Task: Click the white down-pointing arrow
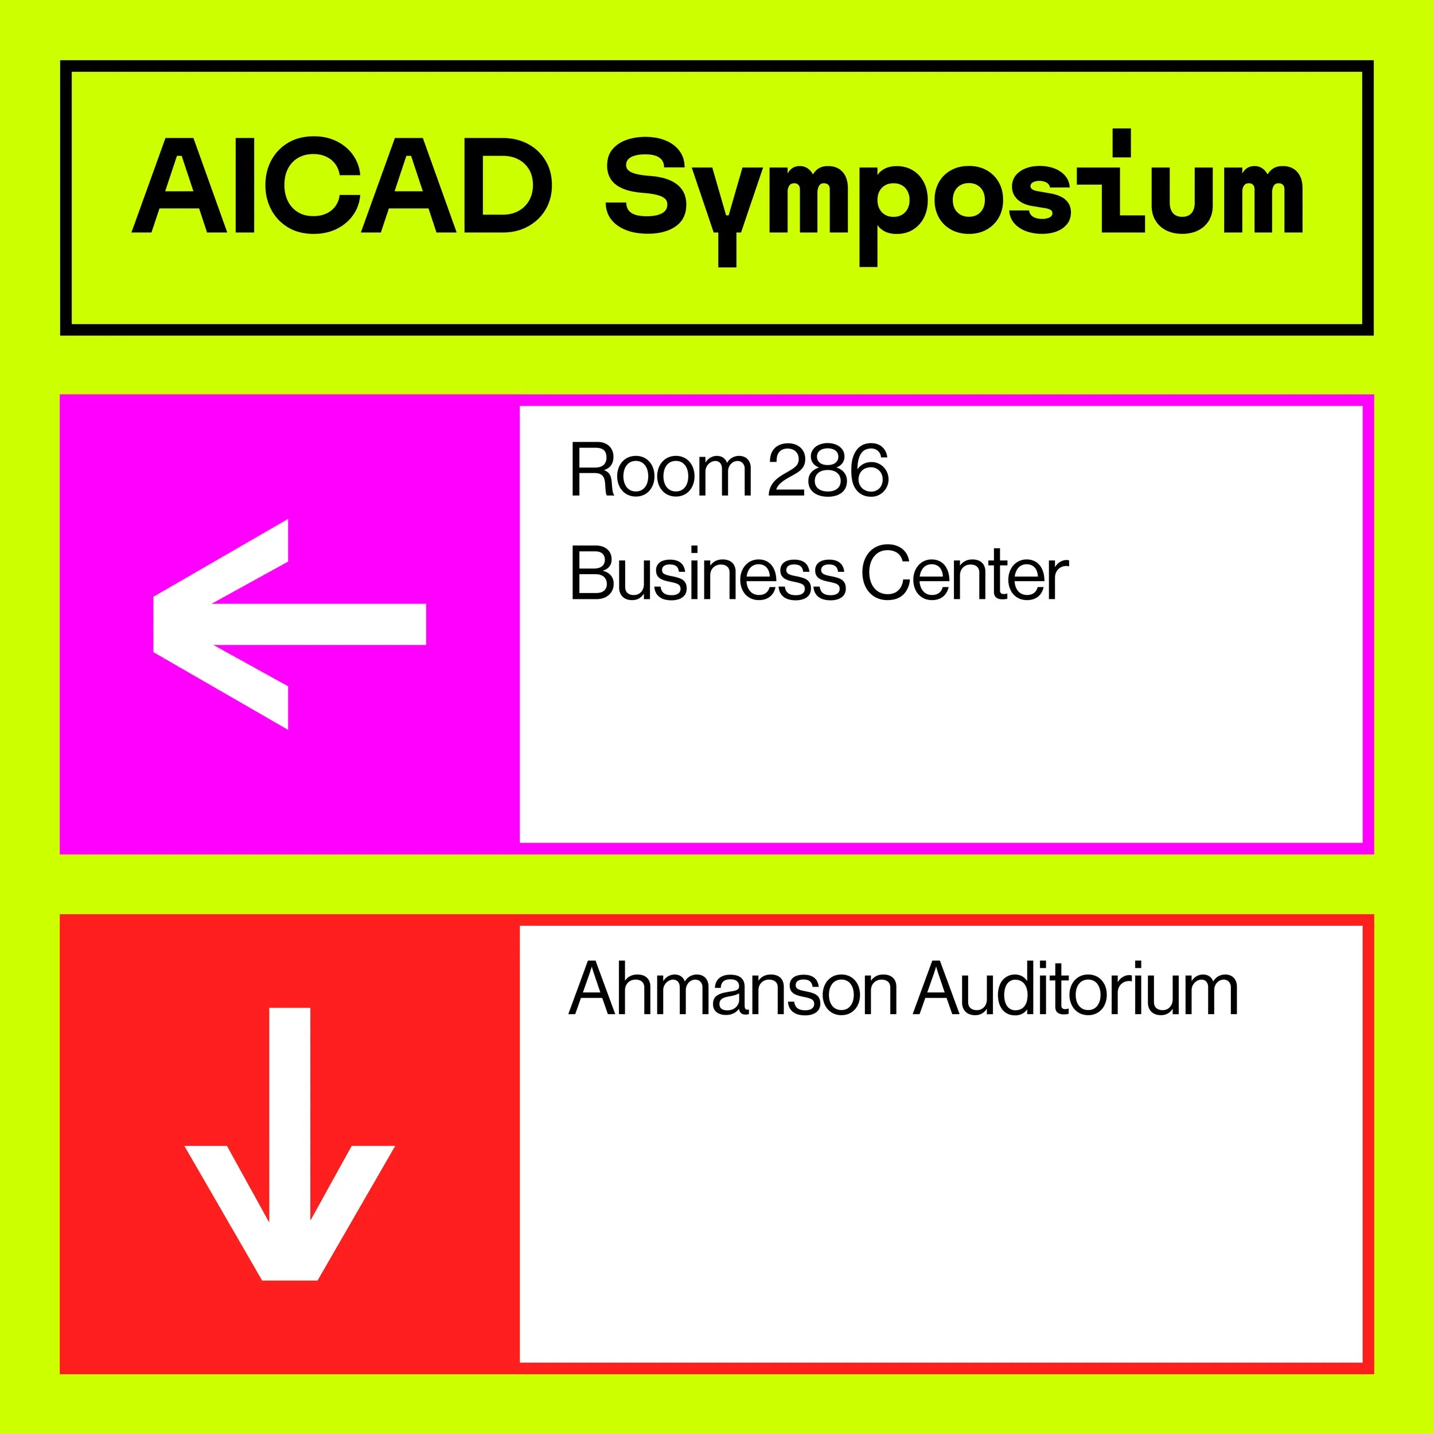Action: coord(290,1144)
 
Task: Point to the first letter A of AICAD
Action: coord(179,185)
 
